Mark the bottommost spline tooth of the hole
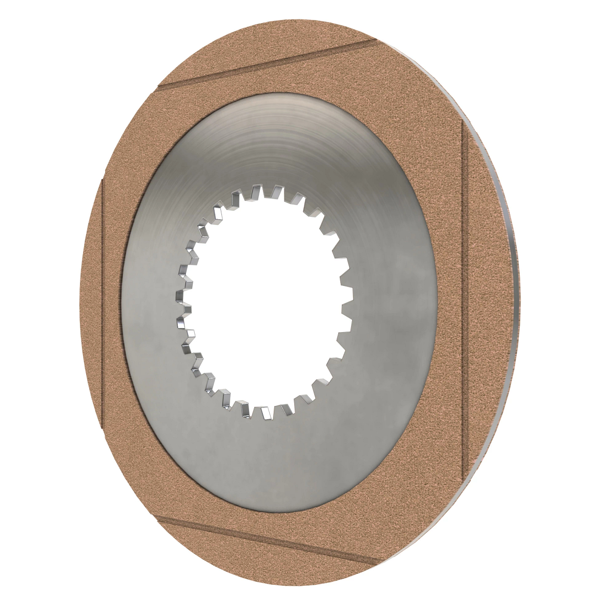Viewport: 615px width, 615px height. (x=265, y=413)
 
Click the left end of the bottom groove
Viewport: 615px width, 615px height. (x=159, y=519)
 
